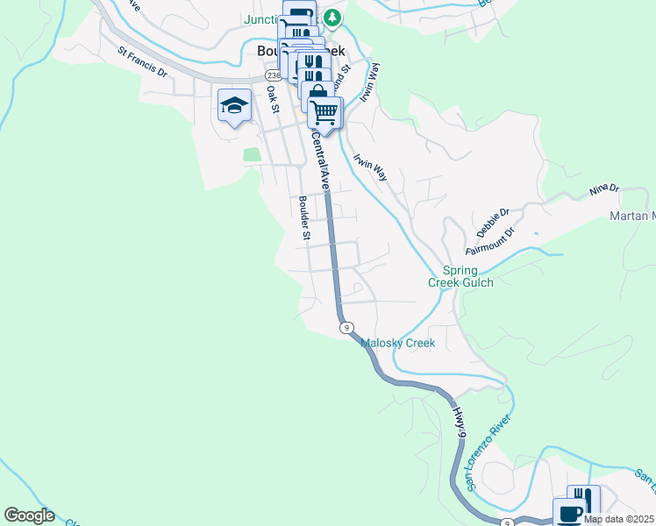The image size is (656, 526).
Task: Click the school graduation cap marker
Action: [234, 107]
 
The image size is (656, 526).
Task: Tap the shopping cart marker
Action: [324, 113]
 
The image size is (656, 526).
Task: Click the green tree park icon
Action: [332, 17]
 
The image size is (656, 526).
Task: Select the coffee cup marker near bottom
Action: [568, 512]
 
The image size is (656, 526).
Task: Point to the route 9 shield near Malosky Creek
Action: [347, 328]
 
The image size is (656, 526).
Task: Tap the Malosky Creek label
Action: [397, 343]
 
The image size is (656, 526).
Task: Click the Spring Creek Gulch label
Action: [460, 276]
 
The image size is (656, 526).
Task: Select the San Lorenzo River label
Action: [488, 454]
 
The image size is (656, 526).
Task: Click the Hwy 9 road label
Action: [459, 417]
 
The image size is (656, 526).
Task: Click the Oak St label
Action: [272, 98]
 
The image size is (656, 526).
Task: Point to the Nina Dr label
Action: [604, 188]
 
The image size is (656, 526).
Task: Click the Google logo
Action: [29, 515]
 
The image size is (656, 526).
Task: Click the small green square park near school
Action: [253, 154]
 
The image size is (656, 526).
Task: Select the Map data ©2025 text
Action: [619, 519]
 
